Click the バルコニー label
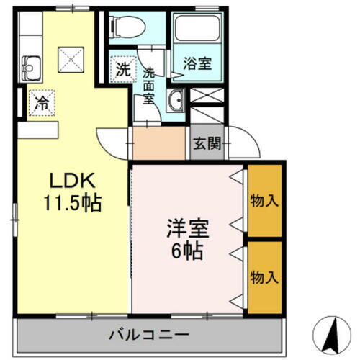[x=150, y=335]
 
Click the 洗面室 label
[x=149, y=86]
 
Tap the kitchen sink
[x=33, y=70]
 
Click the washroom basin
[x=176, y=102]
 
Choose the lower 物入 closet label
[x=264, y=277]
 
